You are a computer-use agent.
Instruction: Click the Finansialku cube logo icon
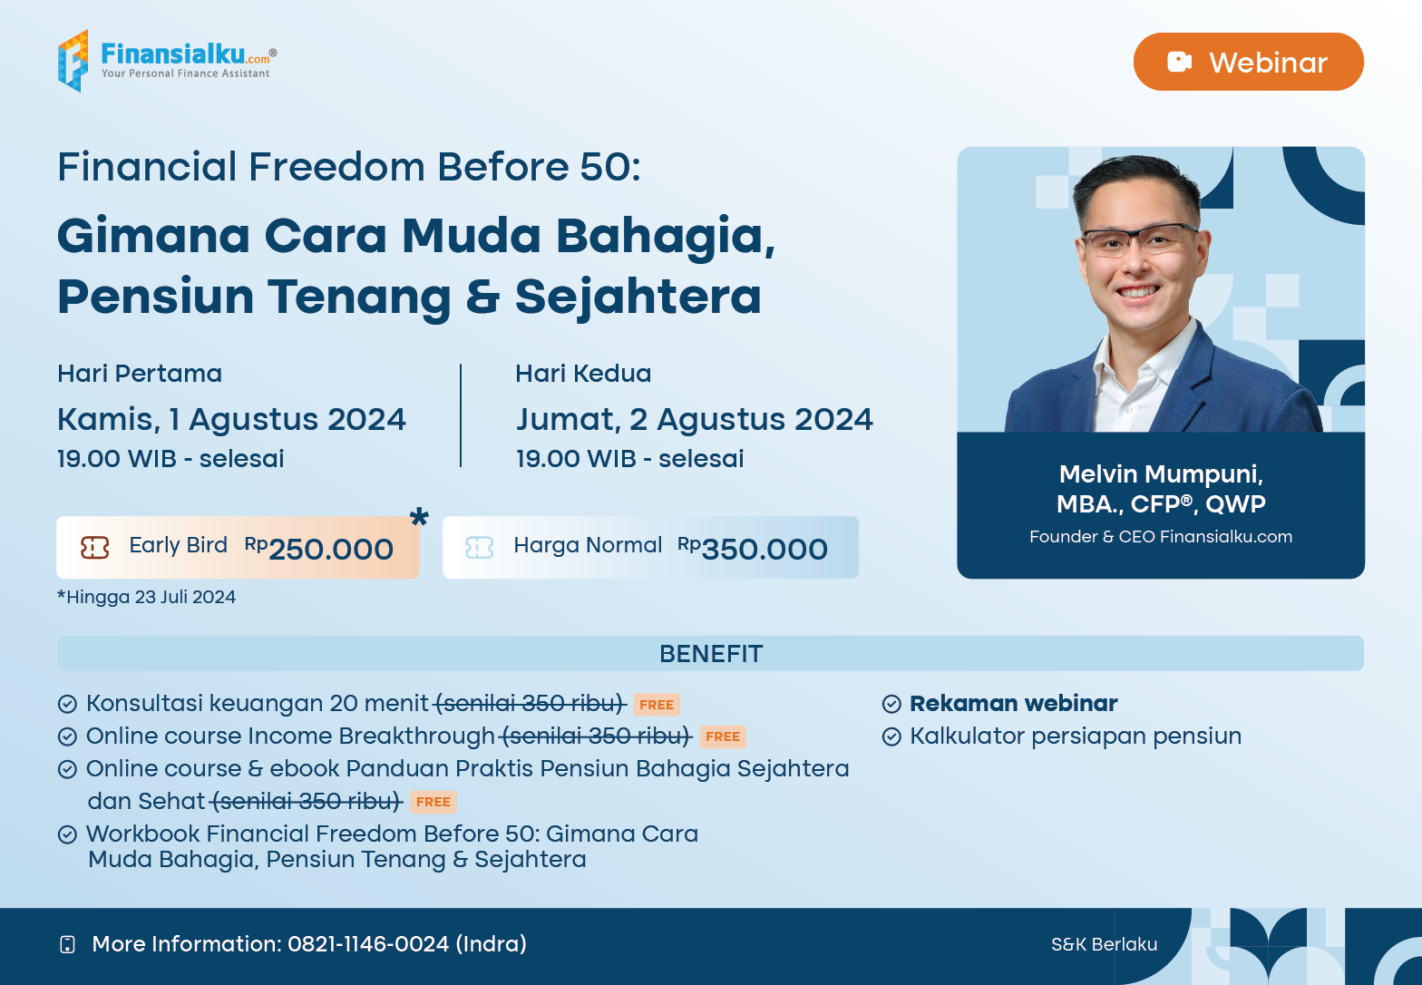click(x=73, y=61)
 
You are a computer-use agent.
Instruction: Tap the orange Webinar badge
click(x=1248, y=62)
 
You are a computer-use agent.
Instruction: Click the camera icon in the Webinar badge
click(x=1179, y=62)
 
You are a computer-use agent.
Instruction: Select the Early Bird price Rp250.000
click(x=318, y=548)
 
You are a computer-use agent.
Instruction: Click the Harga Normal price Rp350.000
click(x=753, y=548)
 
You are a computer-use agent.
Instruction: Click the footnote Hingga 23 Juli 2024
click(x=147, y=597)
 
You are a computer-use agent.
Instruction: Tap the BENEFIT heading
click(x=711, y=653)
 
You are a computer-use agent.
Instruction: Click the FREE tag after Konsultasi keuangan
click(x=657, y=705)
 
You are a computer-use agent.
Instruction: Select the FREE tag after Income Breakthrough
click(x=723, y=736)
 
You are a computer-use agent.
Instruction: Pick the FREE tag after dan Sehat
click(x=433, y=802)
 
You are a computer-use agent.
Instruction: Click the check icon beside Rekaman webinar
click(x=891, y=704)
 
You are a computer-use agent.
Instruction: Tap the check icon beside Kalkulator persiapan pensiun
click(x=891, y=736)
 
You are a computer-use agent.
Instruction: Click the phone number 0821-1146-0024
click(x=368, y=943)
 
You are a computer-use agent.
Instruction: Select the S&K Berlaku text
click(x=1104, y=944)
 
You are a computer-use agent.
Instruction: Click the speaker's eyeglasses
click(x=1139, y=239)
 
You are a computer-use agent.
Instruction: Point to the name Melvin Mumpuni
click(x=1161, y=473)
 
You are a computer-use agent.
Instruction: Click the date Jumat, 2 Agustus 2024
click(x=694, y=420)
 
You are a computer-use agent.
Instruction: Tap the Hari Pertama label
click(x=140, y=374)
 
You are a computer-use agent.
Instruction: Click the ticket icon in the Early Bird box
click(x=94, y=548)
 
